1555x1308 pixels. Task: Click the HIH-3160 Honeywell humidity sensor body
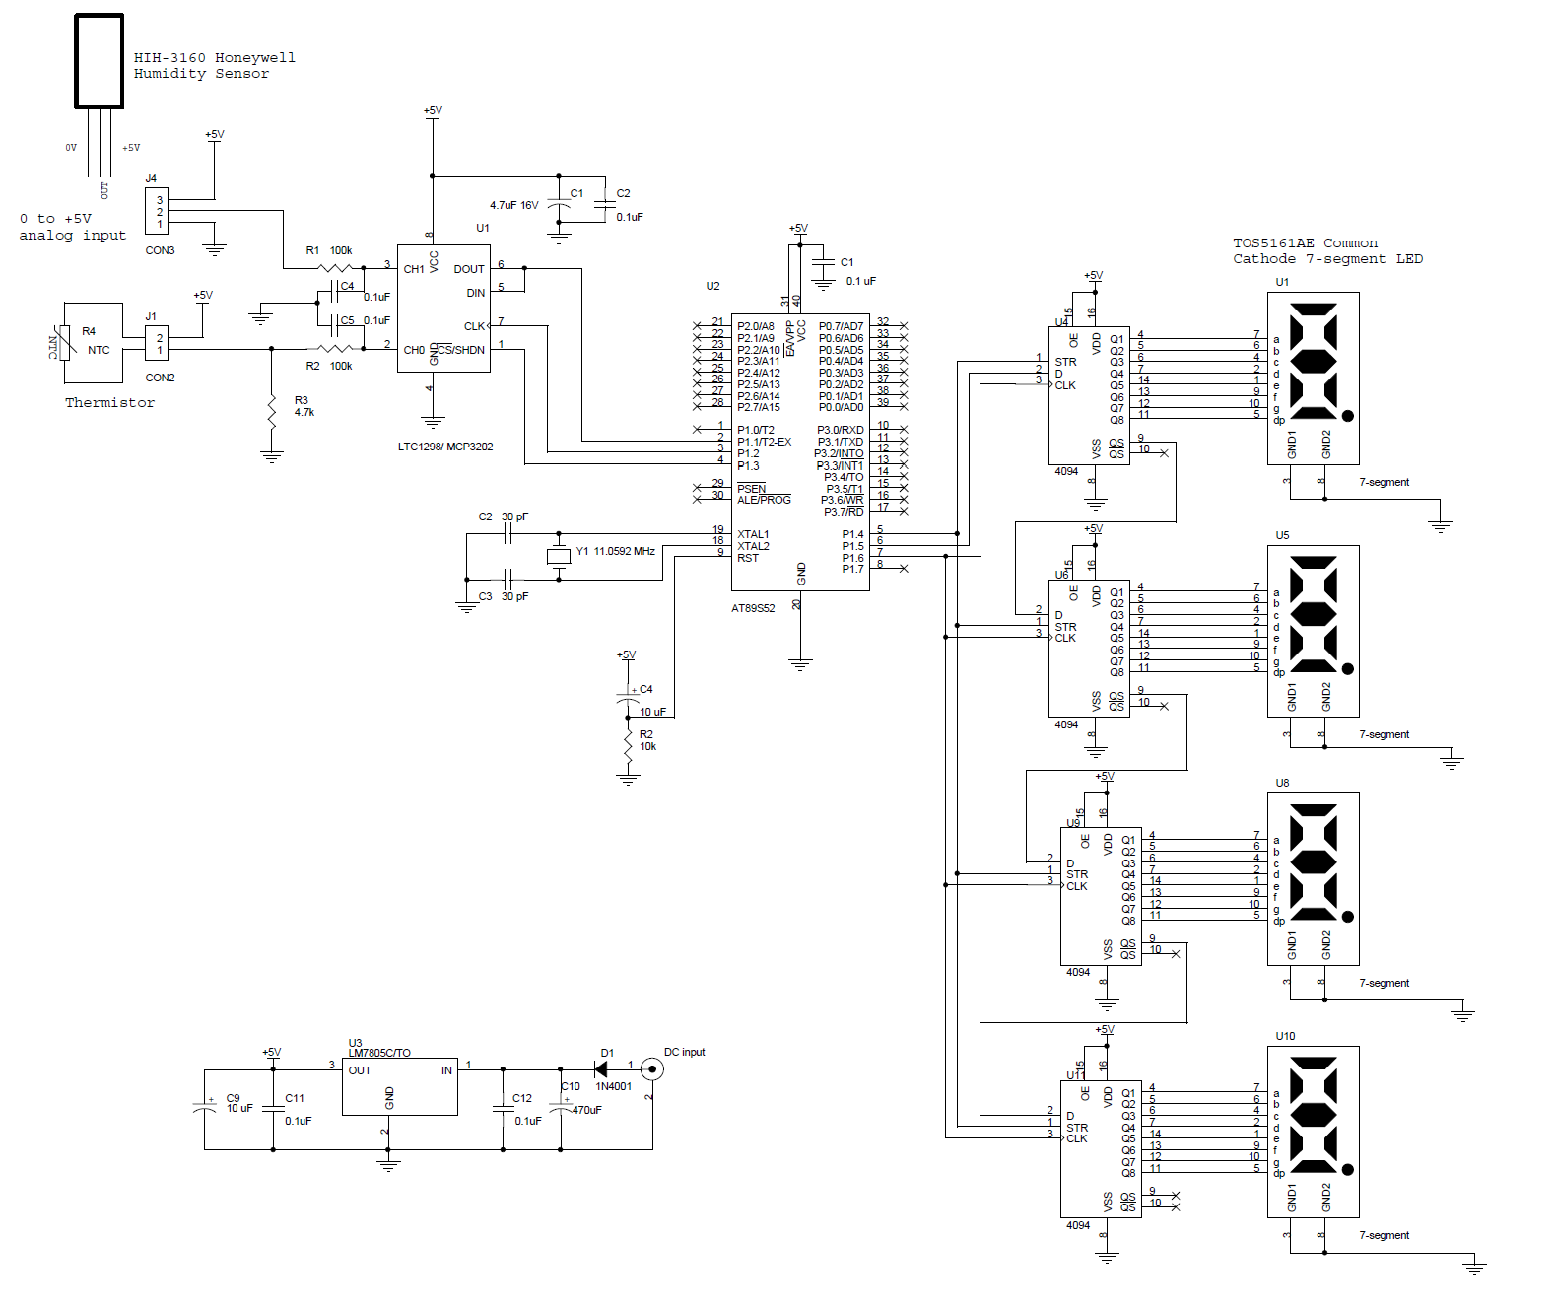(x=99, y=61)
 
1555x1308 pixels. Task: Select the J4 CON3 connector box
(x=156, y=211)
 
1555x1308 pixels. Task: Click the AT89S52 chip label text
(x=753, y=608)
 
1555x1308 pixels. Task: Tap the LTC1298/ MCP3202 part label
(x=445, y=447)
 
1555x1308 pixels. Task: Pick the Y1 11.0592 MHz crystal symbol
(x=559, y=556)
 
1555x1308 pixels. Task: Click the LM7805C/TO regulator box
(x=399, y=1087)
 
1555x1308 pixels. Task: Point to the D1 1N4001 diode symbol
(x=601, y=1068)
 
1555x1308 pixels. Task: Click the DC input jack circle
(x=650, y=1068)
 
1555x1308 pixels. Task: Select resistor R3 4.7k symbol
(x=272, y=411)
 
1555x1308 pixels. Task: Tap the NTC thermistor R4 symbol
(x=65, y=343)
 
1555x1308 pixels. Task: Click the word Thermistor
(x=109, y=402)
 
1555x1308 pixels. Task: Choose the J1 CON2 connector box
(x=156, y=343)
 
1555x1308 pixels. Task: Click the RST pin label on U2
(x=748, y=558)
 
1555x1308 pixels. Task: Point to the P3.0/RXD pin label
(x=840, y=430)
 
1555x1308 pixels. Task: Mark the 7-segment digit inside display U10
(x=1313, y=1115)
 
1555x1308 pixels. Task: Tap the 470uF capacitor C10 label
(x=586, y=1110)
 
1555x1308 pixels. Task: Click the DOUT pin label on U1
(x=468, y=269)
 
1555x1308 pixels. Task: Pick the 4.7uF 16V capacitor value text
(x=513, y=206)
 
